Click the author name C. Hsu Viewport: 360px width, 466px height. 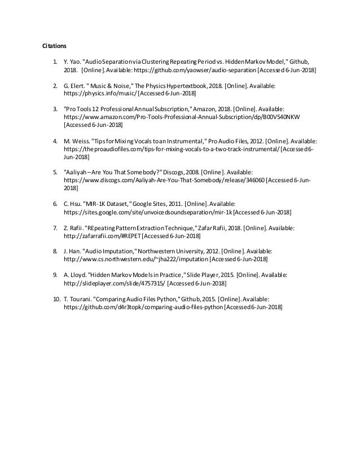tap(73, 201)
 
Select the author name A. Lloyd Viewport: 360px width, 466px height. tap(76, 274)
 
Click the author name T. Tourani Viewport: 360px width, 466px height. tap(77, 298)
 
